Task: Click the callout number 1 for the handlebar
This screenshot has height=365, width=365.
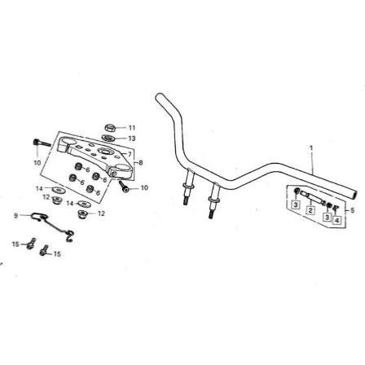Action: pos(311,148)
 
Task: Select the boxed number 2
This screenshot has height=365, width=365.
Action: pos(310,209)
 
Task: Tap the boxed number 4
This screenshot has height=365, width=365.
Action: pos(336,220)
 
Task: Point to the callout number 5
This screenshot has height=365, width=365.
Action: pos(352,210)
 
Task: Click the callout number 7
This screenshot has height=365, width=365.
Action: pos(130,154)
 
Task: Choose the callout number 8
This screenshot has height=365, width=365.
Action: pos(140,163)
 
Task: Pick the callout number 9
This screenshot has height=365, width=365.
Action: pos(16,216)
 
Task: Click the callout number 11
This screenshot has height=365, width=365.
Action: pos(132,128)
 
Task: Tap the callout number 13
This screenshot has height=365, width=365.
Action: pos(132,139)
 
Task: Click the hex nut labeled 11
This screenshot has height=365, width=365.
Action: pos(111,127)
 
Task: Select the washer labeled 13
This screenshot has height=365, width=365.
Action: pos(108,138)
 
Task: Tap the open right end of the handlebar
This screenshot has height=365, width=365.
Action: pos(354,194)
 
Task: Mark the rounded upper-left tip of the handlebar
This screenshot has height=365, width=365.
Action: pos(159,97)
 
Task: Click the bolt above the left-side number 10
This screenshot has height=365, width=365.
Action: pos(42,143)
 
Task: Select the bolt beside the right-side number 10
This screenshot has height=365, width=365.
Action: pos(123,187)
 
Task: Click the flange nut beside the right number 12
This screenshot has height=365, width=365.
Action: pos(82,214)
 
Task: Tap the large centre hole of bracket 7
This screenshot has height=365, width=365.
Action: pos(104,151)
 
